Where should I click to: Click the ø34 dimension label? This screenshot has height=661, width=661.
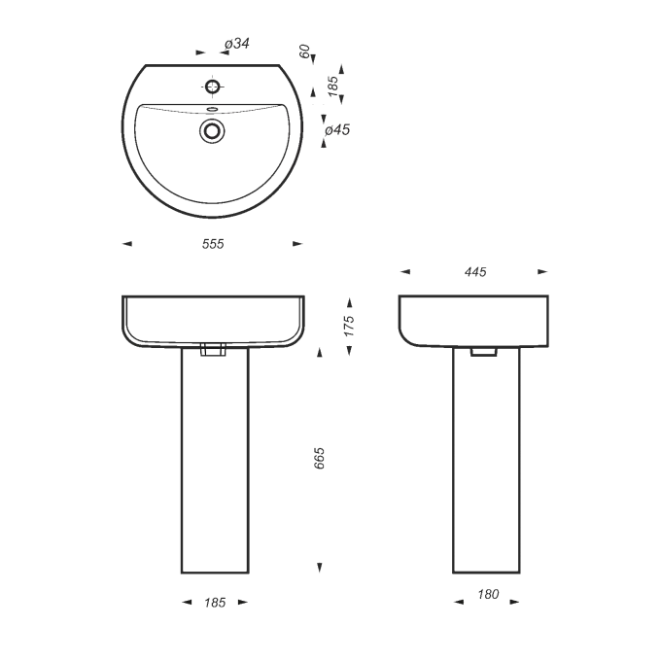237,43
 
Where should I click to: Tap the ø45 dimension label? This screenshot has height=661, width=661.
337,130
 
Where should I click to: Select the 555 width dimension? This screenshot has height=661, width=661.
213,244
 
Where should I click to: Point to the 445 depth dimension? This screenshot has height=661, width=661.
475,272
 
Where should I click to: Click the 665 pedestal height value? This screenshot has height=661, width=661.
320,458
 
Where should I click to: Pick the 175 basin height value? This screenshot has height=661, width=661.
349,326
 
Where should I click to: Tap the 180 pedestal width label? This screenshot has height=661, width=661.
488,594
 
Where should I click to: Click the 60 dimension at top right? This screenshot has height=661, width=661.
305,52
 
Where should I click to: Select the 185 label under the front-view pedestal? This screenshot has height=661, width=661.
215,603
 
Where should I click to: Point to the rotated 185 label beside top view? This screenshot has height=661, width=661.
332,86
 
